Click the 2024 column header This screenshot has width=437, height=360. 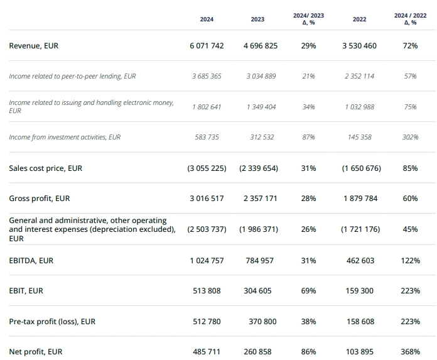(x=207, y=19)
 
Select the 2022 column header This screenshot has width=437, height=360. (x=359, y=19)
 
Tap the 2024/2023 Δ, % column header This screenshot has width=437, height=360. (x=308, y=19)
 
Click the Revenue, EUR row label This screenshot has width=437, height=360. (x=34, y=46)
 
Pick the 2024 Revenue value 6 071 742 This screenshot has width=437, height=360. (x=207, y=46)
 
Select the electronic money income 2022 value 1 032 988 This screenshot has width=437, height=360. (x=359, y=107)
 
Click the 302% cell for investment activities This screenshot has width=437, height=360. (x=410, y=137)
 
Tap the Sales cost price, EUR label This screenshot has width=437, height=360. (x=45, y=168)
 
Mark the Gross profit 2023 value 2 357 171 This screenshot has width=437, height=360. (x=260, y=199)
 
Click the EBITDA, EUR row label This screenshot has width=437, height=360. (x=31, y=260)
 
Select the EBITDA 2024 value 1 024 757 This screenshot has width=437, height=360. (x=207, y=260)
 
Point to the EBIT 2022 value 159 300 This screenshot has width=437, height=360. (x=359, y=291)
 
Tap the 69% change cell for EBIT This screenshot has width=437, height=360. (x=308, y=291)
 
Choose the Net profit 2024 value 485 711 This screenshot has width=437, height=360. (x=207, y=352)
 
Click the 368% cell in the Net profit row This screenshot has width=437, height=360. (x=410, y=352)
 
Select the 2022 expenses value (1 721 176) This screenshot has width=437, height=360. (x=360, y=229)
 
